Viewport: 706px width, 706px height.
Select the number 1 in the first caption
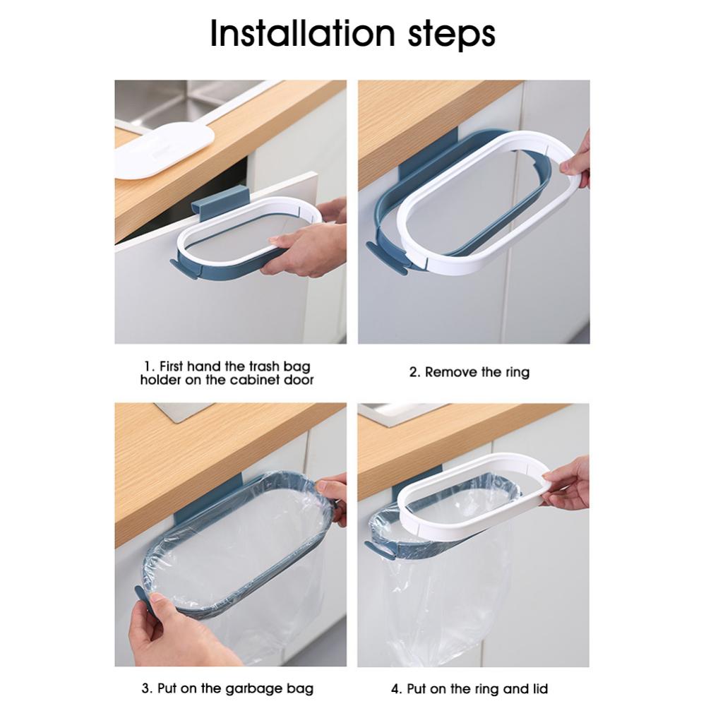[x=148, y=366]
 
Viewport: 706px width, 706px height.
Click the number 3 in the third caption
[x=147, y=688]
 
